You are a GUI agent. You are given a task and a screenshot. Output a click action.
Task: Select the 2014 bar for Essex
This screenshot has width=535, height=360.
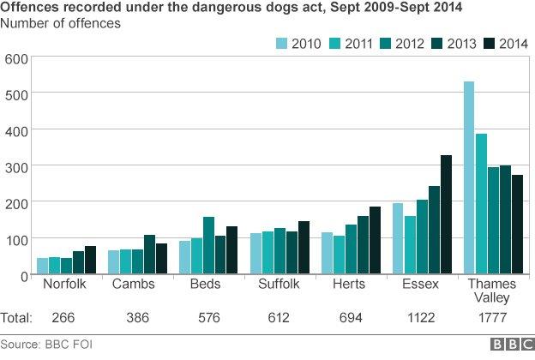tap(445, 215)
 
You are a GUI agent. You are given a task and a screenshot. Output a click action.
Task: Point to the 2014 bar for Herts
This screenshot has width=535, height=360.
tap(374, 241)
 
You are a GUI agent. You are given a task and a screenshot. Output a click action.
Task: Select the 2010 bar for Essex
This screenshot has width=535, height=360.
tap(398, 239)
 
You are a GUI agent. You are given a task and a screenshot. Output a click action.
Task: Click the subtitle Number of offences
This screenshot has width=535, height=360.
tap(60, 23)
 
